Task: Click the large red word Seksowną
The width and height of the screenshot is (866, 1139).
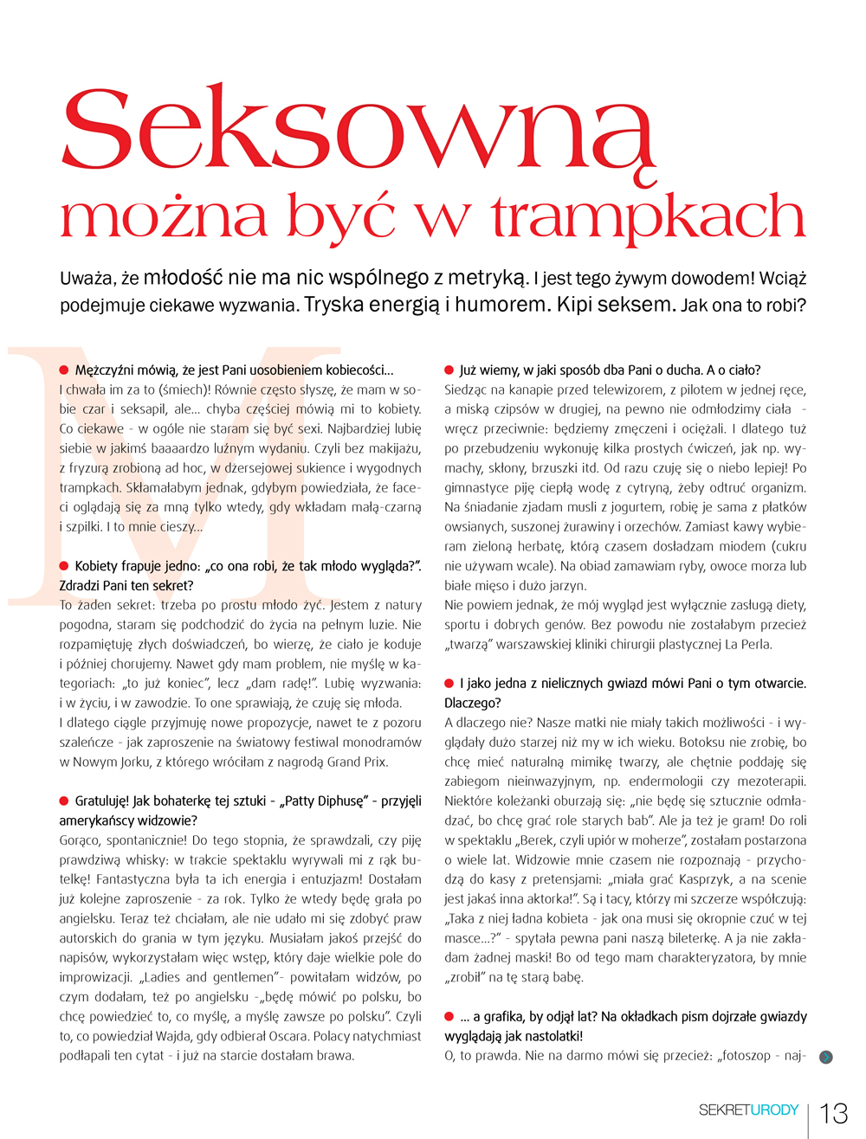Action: coord(357,130)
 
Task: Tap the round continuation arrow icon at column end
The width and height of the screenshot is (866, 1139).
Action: coord(826,1057)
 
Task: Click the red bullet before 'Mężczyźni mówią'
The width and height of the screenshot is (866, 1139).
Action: coord(64,370)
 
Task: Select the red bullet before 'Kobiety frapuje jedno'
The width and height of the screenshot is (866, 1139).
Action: coord(64,566)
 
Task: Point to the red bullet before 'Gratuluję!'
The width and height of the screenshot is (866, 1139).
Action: coord(64,801)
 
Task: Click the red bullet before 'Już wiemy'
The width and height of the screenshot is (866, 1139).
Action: coord(449,370)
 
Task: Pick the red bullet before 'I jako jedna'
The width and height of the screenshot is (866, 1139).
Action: coord(449,683)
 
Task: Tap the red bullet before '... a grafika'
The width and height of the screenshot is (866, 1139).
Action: coord(449,1016)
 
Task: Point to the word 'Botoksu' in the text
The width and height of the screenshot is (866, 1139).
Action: coord(680,742)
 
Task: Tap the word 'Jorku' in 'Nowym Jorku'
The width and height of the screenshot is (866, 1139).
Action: coord(131,763)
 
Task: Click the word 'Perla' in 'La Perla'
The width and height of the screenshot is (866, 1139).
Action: coord(754,645)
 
